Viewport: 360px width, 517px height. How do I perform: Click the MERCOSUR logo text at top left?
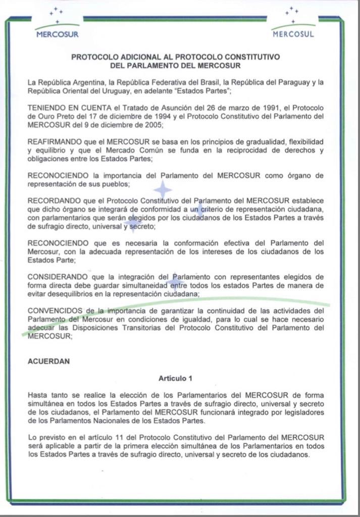[x=58, y=35]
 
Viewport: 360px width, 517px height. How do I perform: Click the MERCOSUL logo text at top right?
[x=293, y=34]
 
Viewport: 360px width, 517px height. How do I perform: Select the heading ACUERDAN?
[x=49, y=361]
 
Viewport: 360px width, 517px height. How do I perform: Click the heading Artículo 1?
[x=175, y=378]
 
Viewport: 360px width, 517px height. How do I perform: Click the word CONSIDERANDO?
[x=57, y=277]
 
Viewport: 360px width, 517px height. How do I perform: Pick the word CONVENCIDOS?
[x=55, y=310]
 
